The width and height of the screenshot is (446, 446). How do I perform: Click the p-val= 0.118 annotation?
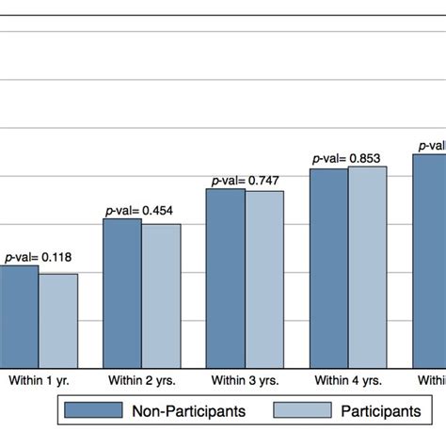(x=38, y=257)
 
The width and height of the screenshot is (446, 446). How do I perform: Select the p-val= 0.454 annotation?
(x=141, y=211)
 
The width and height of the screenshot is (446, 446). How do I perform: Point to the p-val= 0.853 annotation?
(x=348, y=159)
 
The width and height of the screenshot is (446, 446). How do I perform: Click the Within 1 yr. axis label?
(x=39, y=381)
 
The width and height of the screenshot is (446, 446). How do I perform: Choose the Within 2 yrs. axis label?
(x=141, y=381)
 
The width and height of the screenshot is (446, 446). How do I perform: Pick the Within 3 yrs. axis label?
(x=245, y=381)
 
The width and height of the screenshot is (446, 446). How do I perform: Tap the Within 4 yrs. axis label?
(x=348, y=381)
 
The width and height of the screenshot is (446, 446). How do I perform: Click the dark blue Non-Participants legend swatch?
(x=93, y=410)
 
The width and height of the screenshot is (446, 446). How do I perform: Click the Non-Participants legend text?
(x=189, y=410)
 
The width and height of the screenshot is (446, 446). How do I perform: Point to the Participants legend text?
(x=381, y=410)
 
